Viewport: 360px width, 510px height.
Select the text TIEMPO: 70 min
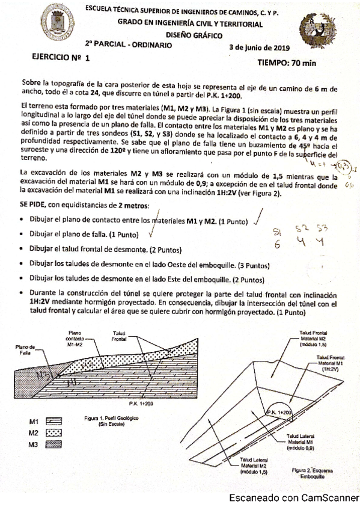pos(286,61)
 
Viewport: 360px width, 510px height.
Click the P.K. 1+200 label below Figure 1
pos(141,402)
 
